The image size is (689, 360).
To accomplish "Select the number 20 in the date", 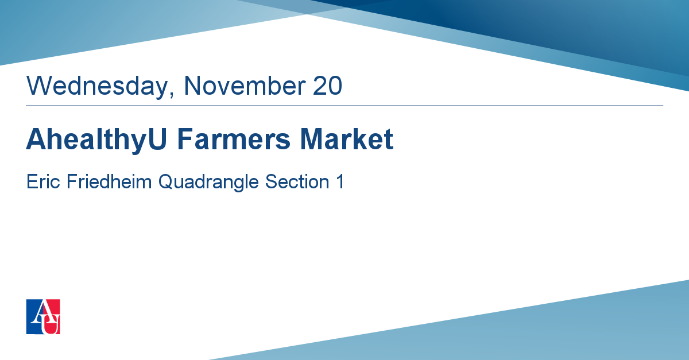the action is pos(327,86).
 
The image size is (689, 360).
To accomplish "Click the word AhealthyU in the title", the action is pos(96,140).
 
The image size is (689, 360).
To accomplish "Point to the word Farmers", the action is pos(234,139).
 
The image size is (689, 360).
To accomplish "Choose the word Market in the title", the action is pos(347,139).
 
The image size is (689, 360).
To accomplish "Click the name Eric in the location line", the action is pos(43,181).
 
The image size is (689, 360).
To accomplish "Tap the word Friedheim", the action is pos(109,181).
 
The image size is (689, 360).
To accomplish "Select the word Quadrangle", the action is pos(208,183).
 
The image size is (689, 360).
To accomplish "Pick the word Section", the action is pos(297,181).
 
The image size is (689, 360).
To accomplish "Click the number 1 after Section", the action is pos(340,181).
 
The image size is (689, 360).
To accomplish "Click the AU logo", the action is pos(43,316).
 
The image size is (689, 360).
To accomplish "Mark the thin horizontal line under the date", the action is pos(344,106).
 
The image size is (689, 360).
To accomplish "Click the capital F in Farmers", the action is pos(185,139).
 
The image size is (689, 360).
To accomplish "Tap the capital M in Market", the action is pos(312,139).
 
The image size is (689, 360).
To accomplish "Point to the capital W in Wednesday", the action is pos(40,86).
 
